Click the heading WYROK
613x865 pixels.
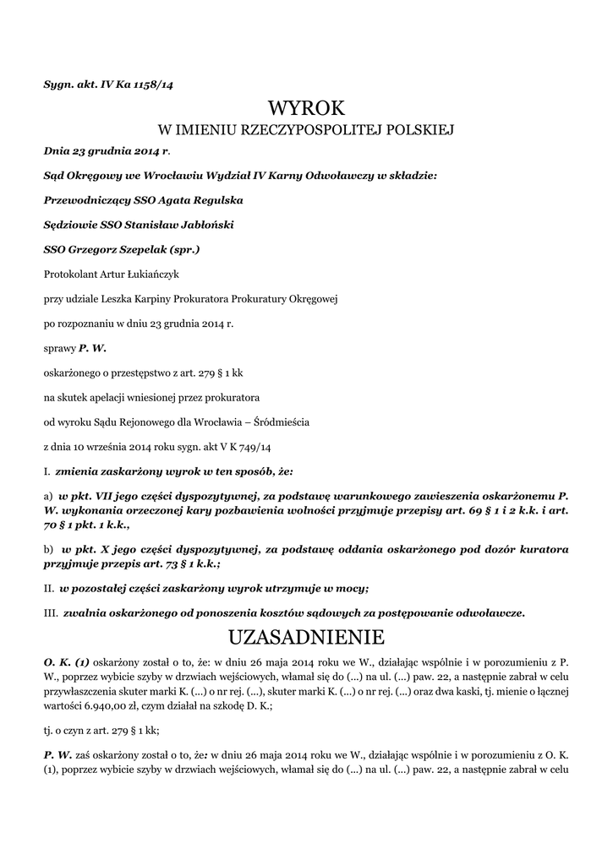(306, 107)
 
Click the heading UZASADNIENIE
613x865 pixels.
(306, 635)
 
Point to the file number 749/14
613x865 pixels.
(260, 445)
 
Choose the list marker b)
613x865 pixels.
(48, 549)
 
